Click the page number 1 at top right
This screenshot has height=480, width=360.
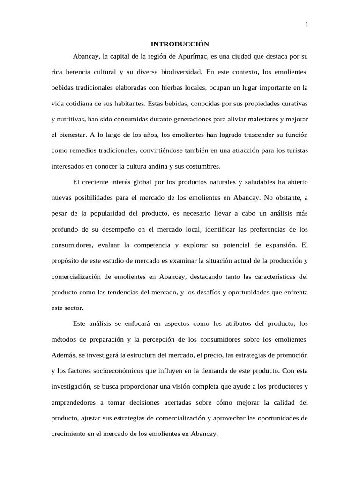click(x=307, y=25)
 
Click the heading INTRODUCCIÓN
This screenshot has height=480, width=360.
click(x=180, y=44)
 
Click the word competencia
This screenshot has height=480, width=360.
click(x=153, y=245)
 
